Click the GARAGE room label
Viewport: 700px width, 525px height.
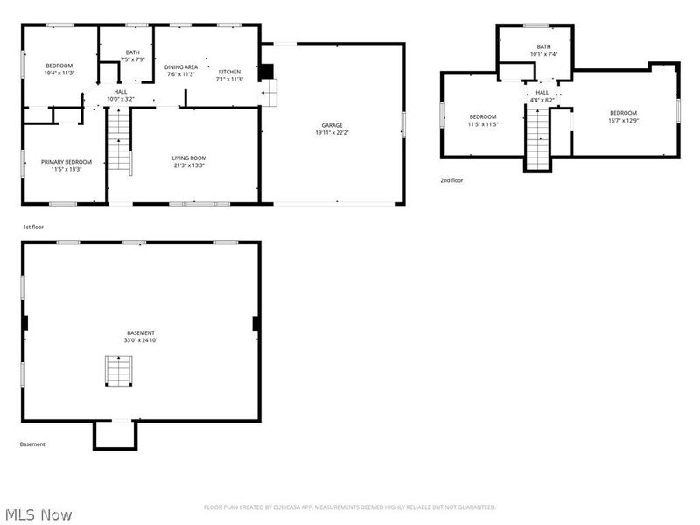coord(331,125)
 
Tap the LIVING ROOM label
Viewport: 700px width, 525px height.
coord(189,157)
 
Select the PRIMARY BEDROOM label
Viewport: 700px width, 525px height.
coord(66,162)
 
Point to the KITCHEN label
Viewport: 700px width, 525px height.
coord(229,71)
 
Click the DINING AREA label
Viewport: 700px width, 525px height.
coord(182,67)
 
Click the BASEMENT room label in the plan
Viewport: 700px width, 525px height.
coord(141,332)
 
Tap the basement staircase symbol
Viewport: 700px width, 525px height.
coord(117,371)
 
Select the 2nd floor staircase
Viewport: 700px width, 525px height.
coord(537,140)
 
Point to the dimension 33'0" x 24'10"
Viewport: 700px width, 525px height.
coord(141,340)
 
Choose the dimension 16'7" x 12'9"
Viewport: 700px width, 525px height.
coord(623,121)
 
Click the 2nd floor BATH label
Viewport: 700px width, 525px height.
coord(543,46)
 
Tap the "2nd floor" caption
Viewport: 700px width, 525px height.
coord(451,180)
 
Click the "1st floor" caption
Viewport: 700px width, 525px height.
coord(33,227)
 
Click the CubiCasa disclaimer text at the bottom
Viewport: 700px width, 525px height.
coord(350,507)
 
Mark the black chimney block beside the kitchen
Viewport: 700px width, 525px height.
coord(267,72)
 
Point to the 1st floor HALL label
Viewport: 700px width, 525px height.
coord(120,91)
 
